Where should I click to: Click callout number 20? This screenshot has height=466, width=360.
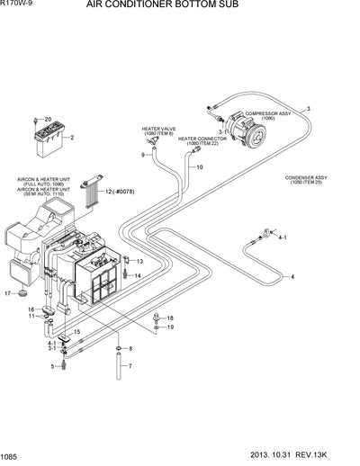tap(49, 119)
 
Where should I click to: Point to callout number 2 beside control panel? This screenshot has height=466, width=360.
tap(71, 138)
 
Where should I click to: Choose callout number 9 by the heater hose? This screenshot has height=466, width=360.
tap(143, 156)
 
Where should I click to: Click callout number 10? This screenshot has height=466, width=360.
tap(200, 167)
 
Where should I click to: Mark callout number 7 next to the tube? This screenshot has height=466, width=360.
tap(130, 366)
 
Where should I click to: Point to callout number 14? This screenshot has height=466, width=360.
tap(138, 274)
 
